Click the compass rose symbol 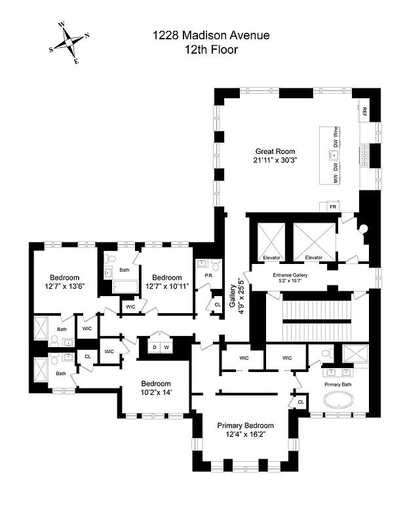coord(69,43)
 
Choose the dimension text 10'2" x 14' coord(156,392)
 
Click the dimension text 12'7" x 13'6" coord(65,286)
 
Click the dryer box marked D coord(155,346)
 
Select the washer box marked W coord(166,346)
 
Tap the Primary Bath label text coord(338,384)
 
